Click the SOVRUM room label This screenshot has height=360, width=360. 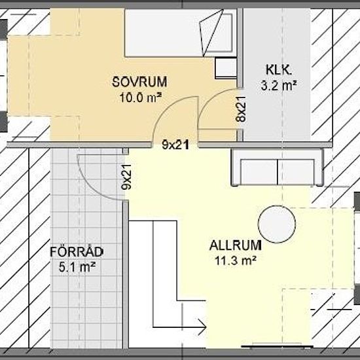pyautogui.click(x=139, y=82)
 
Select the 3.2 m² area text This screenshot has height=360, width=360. pyautogui.click(x=279, y=84)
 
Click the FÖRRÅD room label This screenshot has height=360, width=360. pyautogui.click(x=77, y=252)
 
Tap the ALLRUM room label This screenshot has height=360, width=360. pyautogui.click(x=236, y=247)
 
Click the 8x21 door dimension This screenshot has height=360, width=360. pyautogui.click(x=240, y=110)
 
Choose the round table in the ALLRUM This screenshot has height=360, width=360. pyautogui.click(x=278, y=225)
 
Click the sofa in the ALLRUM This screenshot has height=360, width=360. pyautogui.click(x=278, y=168)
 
